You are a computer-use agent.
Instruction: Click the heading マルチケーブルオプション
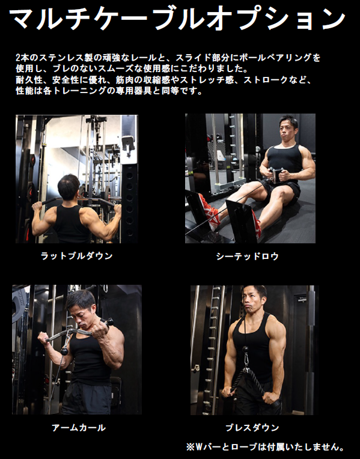(178, 19)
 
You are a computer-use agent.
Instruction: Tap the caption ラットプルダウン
(77, 256)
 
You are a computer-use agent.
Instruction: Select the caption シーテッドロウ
(248, 257)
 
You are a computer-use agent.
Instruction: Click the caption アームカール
(79, 428)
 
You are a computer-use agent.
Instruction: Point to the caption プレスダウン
(252, 428)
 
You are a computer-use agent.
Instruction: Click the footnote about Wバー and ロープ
(266, 447)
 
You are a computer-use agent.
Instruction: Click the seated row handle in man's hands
(276, 174)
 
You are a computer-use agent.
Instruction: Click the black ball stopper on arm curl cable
(64, 351)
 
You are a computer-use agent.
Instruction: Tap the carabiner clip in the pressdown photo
(246, 360)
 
